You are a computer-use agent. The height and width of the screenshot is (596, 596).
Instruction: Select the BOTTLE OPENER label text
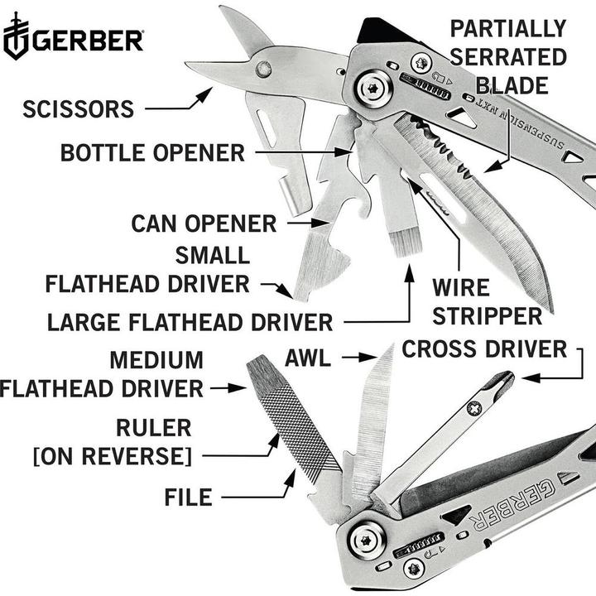click(x=152, y=152)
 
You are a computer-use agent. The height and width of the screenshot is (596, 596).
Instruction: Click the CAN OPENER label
click(x=204, y=223)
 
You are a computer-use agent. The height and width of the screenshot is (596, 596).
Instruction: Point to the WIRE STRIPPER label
click(x=487, y=302)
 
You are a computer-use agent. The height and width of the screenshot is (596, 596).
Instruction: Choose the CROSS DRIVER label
click(x=484, y=349)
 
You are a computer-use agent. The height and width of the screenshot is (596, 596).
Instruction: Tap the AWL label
click(x=308, y=358)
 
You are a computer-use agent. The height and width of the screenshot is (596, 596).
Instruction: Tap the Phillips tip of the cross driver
click(x=504, y=382)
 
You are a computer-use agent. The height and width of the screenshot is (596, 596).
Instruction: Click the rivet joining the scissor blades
click(x=263, y=70)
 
